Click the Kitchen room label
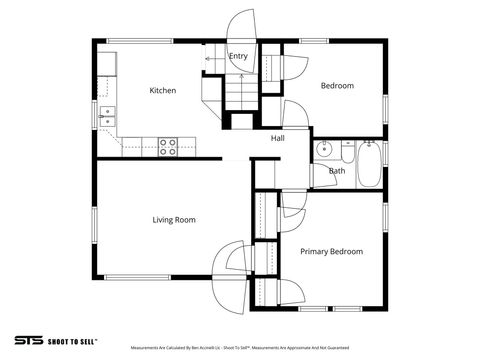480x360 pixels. [x=163, y=90]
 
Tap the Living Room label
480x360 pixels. [x=174, y=219]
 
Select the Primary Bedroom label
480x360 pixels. [x=331, y=251]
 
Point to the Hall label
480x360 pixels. [x=278, y=138]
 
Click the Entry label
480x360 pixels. [x=238, y=56]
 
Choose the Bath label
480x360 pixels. [x=337, y=171]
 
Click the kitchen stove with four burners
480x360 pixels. [x=168, y=147]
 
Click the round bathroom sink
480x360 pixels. [x=324, y=151]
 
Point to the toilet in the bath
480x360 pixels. [x=347, y=152]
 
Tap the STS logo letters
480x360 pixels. [x=28, y=339]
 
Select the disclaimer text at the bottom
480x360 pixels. [x=239, y=348]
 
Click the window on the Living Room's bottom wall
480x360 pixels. [x=137, y=277]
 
